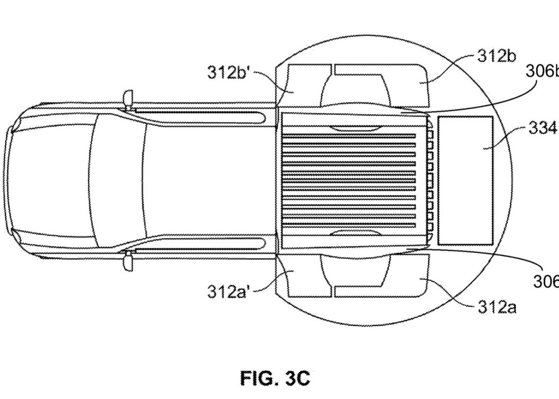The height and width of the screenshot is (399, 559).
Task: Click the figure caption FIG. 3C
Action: (x=275, y=378)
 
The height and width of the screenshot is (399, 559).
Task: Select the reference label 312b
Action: (x=497, y=56)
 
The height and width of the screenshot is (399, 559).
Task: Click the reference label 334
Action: (x=542, y=128)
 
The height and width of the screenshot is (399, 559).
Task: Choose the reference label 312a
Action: (x=497, y=307)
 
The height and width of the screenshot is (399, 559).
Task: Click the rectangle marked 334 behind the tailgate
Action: (x=465, y=180)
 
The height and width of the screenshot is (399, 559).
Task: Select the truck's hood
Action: (x=44, y=180)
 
